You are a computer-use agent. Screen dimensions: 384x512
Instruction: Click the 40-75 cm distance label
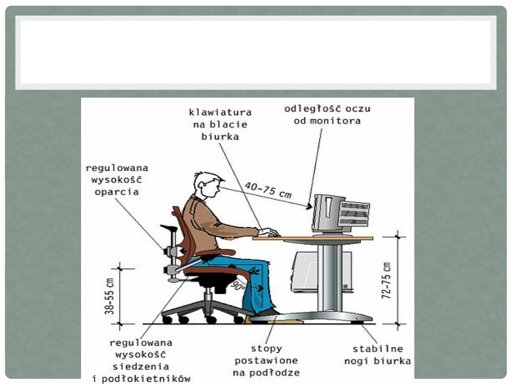click(x=268, y=190)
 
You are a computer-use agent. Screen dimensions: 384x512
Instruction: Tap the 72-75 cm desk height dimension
click(x=387, y=280)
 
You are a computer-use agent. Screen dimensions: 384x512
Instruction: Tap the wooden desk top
click(x=313, y=238)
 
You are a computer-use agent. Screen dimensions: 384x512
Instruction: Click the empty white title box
click(x=256, y=52)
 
